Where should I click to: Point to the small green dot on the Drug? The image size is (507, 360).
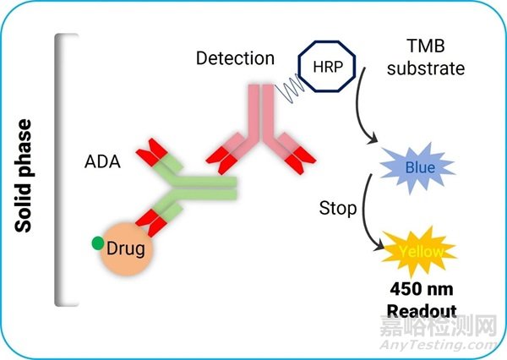99,244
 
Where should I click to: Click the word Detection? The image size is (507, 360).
235,59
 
